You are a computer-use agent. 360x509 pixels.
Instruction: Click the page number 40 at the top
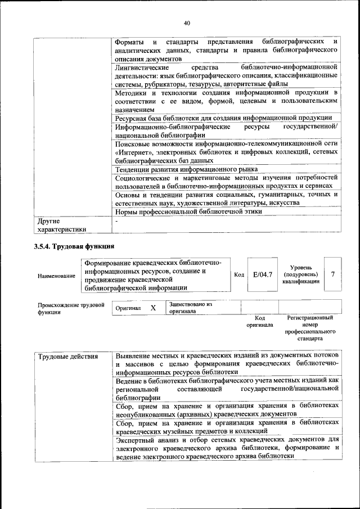[x=187, y=22]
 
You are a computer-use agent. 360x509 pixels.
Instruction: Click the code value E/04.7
[x=263, y=274]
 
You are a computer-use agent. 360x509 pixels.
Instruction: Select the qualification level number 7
[x=334, y=274]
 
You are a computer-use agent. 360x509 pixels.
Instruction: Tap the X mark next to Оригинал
[x=152, y=308]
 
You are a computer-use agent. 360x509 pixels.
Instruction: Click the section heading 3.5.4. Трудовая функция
[x=74, y=246]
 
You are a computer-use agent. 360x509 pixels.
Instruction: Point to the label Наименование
[x=56, y=276]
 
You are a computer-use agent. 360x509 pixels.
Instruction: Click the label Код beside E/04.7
[x=238, y=275]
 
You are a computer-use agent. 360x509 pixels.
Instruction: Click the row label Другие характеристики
[x=61, y=225]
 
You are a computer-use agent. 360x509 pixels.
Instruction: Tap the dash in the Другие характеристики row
[x=116, y=222]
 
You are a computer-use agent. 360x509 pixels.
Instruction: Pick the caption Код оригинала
[x=259, y=322]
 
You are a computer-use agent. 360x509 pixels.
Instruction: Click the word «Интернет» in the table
[x=134, y=152]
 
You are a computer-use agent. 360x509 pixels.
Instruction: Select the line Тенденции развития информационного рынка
[x=186, y=169]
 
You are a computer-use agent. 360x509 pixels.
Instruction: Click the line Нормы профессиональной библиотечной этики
[x=188, y=211]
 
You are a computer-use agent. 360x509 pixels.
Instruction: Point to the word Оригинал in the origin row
[x=128, y=309]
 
